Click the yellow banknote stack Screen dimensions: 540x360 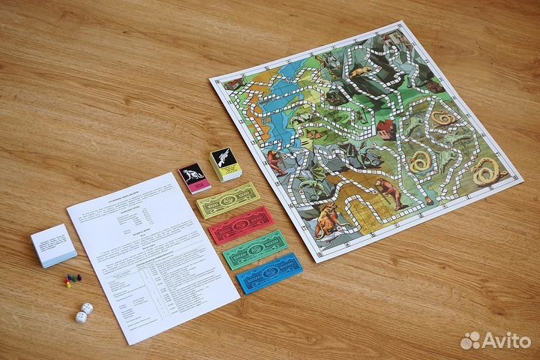(x=228, y=200)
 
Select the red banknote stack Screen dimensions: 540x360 (x=238, y=226)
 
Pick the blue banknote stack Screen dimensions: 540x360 (x=268, y=274)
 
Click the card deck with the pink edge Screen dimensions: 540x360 (x=193, y=178)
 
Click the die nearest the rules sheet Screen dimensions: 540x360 (x=87, y=308)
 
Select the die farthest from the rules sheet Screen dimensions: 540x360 (x=80, y=317)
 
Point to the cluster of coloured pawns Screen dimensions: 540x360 (x=71, y=280)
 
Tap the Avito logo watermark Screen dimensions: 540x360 (x=496, y=340)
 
